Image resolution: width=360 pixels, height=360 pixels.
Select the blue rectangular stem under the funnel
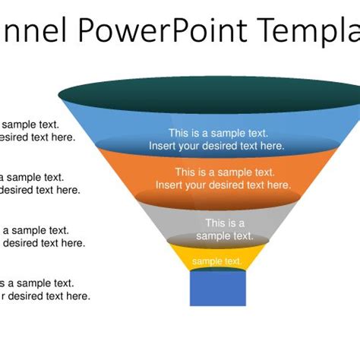pos(217,289)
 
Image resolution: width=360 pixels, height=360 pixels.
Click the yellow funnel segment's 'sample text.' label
pos(217,262)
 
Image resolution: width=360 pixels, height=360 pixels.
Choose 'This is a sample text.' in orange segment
pos(225,172)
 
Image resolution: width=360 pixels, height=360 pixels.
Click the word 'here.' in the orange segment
pos(276,185)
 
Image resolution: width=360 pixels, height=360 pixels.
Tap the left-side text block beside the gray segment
pos(41,237)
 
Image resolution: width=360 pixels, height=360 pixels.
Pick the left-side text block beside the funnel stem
pos(44,289)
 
